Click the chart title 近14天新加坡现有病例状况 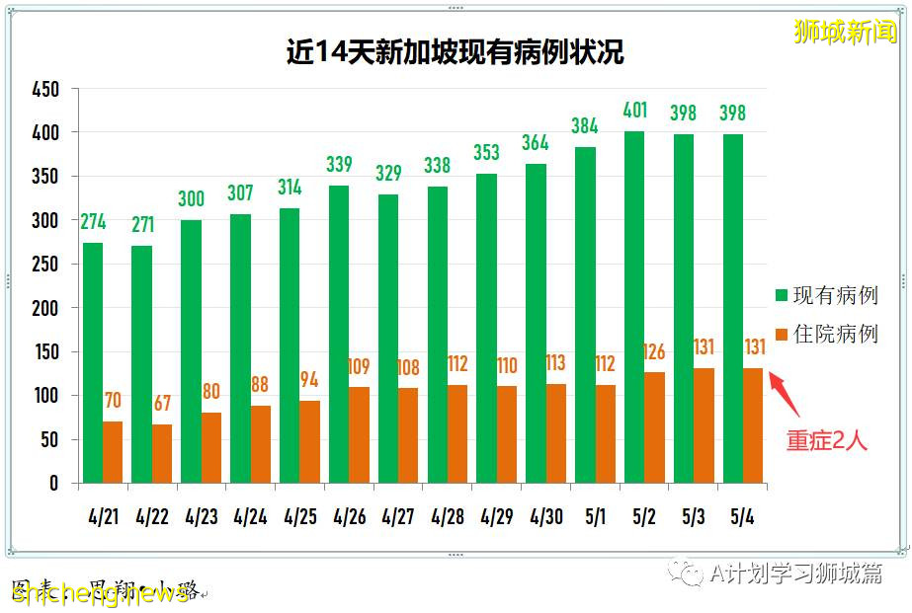(456, 51)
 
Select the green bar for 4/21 (93, 362)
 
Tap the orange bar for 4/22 (162, 453)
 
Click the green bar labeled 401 (634, 307)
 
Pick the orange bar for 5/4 (753, 425)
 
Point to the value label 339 (338, 165)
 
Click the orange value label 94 (309, 380)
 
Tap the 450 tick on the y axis (45, 90)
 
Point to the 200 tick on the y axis (45, 308)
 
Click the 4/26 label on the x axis (349, 515)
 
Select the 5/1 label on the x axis (595, 515)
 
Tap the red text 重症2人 (826, 441)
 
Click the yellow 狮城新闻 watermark (845, 33)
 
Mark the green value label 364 (535, 143)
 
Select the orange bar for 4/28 (456, 433)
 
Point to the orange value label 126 (654, 351)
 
